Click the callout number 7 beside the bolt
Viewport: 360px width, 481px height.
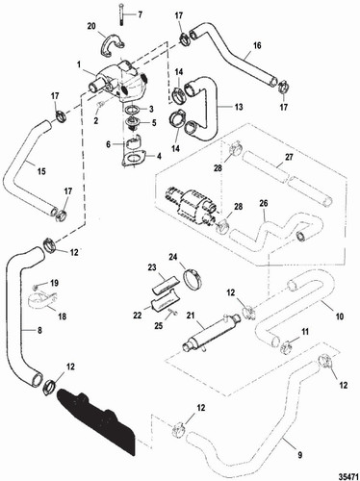[x=138, y=14]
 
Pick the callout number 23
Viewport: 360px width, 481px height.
[x=151, y=266]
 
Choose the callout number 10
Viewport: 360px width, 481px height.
[x=337, y=316]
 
